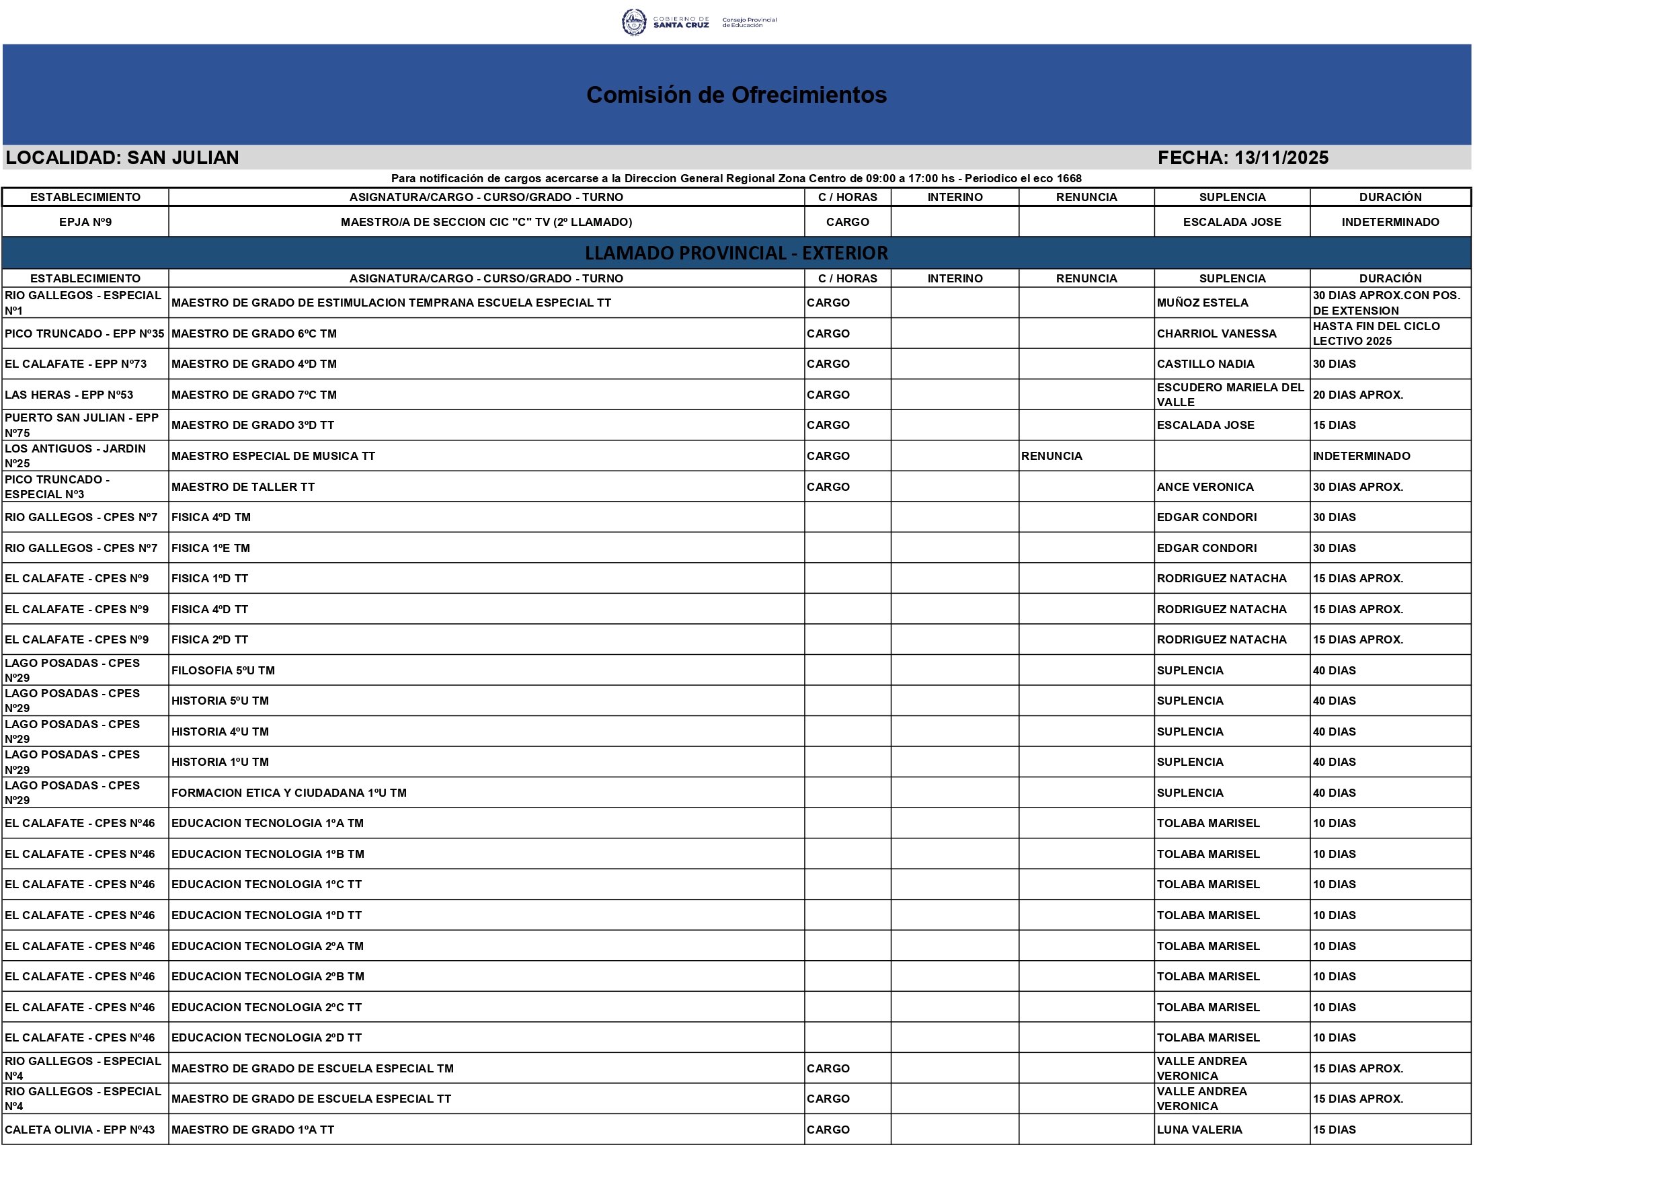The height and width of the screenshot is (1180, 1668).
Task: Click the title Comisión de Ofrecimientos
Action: click(x=736, y=95)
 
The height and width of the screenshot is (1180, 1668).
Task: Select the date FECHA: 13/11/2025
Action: click(x=1242, y=158)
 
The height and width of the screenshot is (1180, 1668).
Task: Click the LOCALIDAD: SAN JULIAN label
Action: click(x=122, y=158)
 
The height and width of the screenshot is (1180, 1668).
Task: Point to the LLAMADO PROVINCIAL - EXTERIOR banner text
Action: click(x=736, y=253)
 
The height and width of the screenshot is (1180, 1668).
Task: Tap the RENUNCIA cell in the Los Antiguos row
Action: click(x=1051, y=457)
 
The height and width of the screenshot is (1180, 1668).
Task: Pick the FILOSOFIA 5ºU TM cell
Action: click(x=223, y=670)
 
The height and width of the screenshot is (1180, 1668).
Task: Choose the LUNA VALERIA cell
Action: click(x=1199, y=1130)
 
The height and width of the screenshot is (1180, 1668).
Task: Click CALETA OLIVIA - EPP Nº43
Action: click(x=80, y=1130)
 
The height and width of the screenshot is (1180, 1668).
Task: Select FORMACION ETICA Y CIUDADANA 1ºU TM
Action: click(x=289, y=793)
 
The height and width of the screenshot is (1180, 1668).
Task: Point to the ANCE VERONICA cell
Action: click(x=1205, y=487)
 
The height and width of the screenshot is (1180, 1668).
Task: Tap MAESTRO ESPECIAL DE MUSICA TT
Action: click(x=273, y=457)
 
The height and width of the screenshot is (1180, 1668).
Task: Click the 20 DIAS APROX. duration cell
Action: click(x=1358, y=395)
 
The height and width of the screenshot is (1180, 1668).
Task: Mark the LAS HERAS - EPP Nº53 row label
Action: click(x=69, y=395)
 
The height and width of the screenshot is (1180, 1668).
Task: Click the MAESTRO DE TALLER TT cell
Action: click(x=243, y=487)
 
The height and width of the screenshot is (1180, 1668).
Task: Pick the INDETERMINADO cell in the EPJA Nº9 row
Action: click(x=1390, y=223)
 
